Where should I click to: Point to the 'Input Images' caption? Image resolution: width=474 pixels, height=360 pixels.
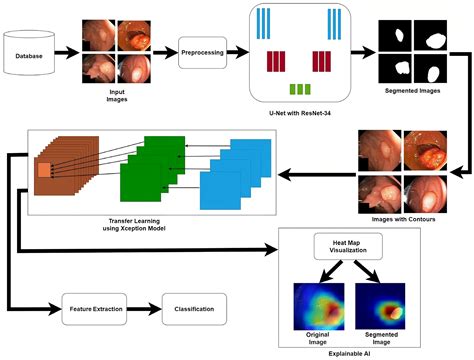118,95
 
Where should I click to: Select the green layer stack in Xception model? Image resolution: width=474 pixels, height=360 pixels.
148,170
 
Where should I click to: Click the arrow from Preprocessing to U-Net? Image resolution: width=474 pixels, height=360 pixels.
243,50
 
